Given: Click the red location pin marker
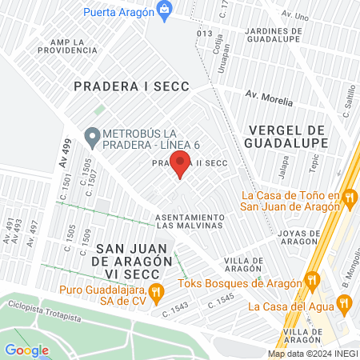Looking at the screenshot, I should pos(181,166).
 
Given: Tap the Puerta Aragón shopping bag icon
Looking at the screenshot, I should pos(165,10).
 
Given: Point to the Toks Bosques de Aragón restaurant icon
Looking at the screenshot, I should pos(313,282).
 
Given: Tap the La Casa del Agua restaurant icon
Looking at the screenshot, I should pos(345,303).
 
